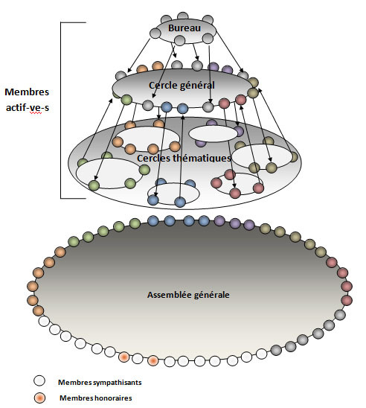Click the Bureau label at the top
pyautogui.click(x=184, y=28)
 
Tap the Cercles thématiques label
pyautogui.click(x=184, y=158)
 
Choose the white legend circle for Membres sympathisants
pyautogui.click(x=39, y=381)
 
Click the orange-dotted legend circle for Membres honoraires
pyautogui.click(x=39, y=398)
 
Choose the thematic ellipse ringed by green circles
pyautogui.click(x=109, y=172)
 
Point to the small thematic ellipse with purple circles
pyautogui.click(x=213, y=133)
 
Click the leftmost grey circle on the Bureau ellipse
pyautogui.click(x=155, y=33)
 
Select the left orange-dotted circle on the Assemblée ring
pyautogui.click(x=124, y=357)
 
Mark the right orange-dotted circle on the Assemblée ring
pyautogui.click(x=152, y=361)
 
